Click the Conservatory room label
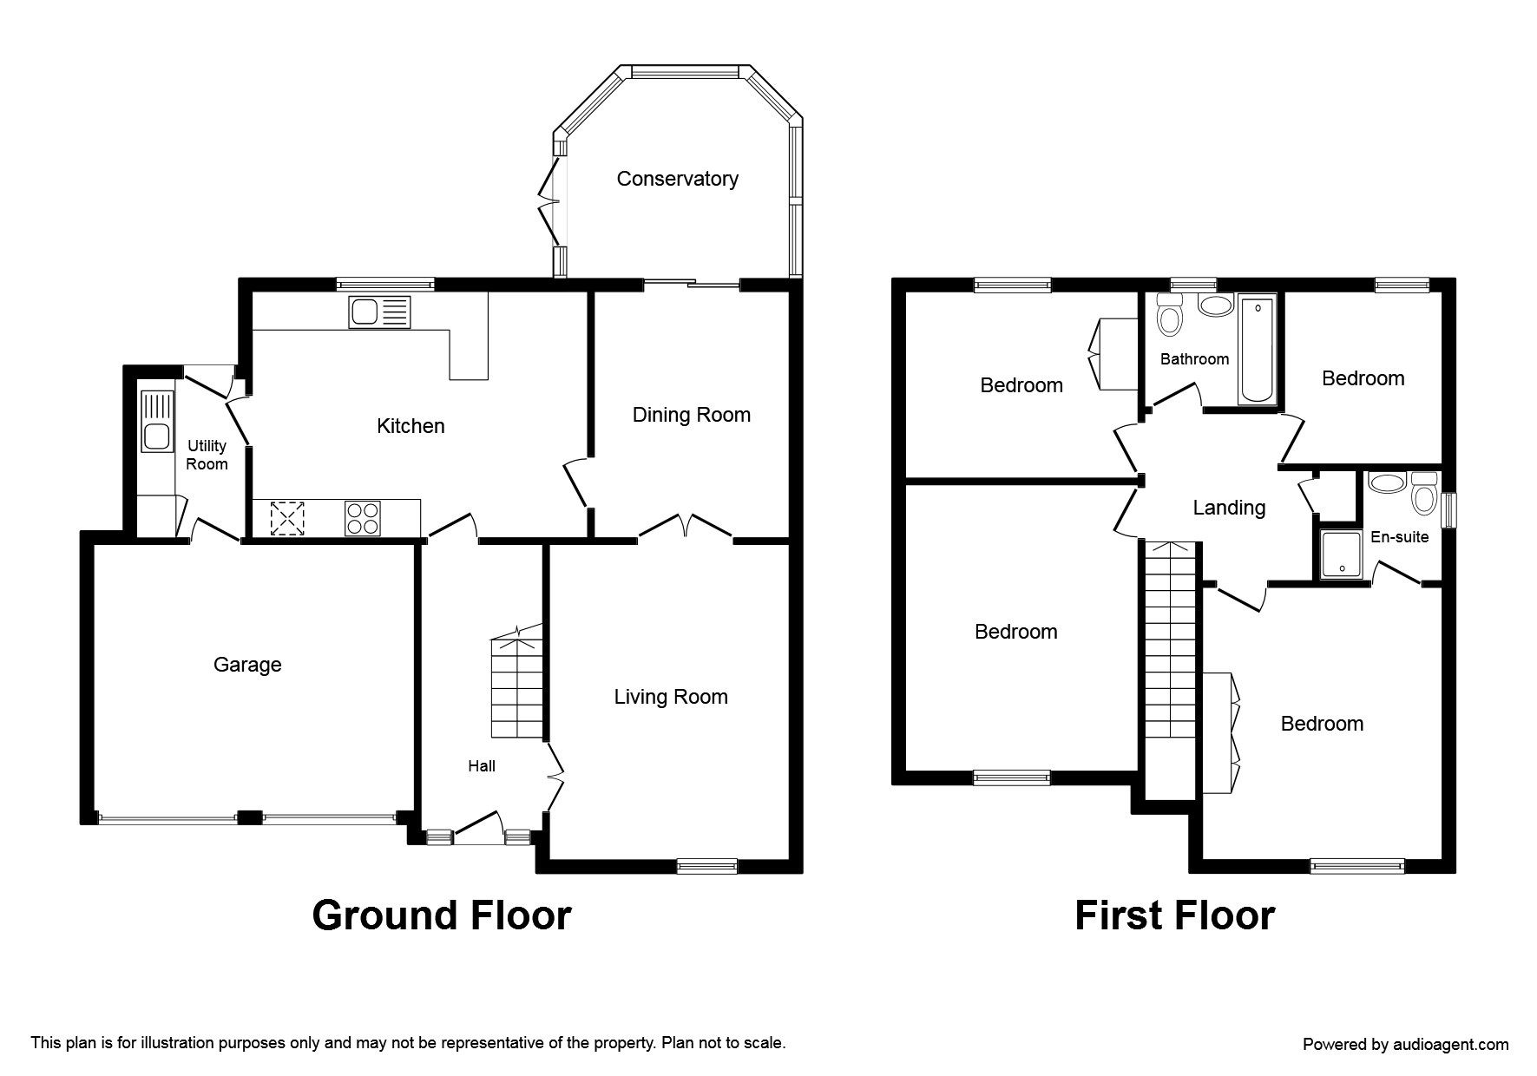677,179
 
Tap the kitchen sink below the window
378,312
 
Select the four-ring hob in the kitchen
362,519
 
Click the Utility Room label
207,455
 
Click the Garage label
247,665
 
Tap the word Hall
482,765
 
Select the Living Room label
671,697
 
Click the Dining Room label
692,415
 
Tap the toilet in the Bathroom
1170,318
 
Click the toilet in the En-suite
1423,493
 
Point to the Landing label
1229,508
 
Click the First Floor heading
1174,915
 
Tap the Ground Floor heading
441,915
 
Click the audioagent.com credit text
1406,1045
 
